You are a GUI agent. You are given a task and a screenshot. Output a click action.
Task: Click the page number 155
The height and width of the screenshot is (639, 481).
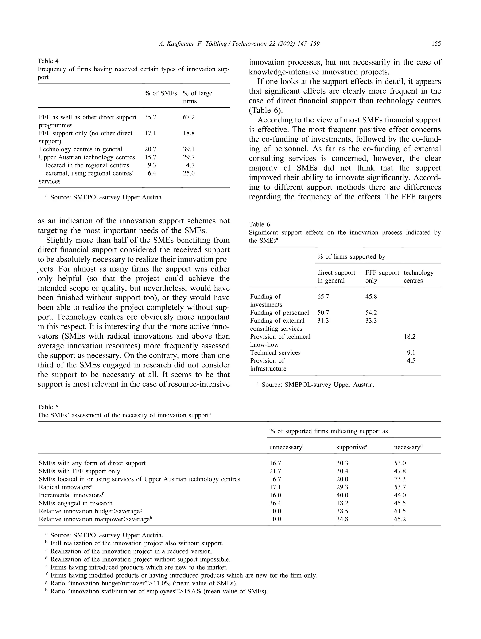[x=436, y=44]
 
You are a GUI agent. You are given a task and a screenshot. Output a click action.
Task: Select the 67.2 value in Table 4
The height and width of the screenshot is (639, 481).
[x=189, y=117]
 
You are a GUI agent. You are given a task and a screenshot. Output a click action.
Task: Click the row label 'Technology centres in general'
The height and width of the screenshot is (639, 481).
[x=80, y=149]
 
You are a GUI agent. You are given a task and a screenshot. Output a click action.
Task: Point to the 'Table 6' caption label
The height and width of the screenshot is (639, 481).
[x=259, y=224]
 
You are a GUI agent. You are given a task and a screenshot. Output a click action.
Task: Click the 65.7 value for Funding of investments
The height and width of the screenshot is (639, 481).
[x=323, y=296]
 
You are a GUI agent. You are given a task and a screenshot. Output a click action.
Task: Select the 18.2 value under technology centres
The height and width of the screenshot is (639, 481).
[x=410, y=337]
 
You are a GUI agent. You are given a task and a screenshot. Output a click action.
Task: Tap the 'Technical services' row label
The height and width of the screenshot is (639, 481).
[x=275, y=352]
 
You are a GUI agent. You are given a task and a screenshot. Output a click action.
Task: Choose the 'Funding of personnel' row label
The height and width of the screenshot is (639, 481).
[x=279, y=313]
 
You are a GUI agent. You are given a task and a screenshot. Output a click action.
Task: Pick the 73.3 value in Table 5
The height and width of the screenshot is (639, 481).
[x=400, y=479]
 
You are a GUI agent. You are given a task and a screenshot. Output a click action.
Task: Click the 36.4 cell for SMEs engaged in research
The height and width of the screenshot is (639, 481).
[x=275, y=503]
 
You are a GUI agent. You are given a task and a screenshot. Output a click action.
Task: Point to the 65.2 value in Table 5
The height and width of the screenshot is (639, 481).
[x=400, y=519]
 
